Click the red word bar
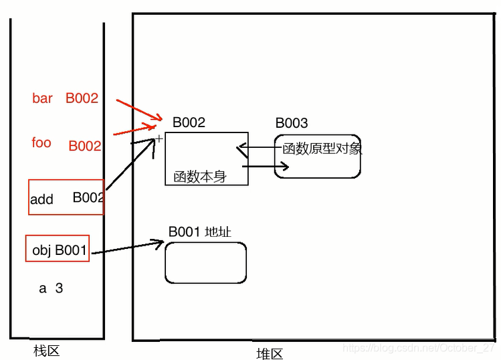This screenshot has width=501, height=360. (42, 98)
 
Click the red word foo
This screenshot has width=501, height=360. (41, 143)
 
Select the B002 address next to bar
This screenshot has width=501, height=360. (82, 98)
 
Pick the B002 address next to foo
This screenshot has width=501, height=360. (85, 146)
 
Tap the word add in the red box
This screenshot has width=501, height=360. (41, 199)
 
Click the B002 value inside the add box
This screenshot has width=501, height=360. (88, 197)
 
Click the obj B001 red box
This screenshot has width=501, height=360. (58, 251)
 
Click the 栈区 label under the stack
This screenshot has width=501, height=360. (47, 351)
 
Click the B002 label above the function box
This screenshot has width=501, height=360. (189, 122)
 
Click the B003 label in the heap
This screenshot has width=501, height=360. (292, 123)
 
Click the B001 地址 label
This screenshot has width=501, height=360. (200, 232)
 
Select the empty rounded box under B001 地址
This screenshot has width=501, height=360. (205, 262)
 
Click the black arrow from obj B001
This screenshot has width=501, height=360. (127, 249)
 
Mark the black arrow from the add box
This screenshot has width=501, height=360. (130, 168)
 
